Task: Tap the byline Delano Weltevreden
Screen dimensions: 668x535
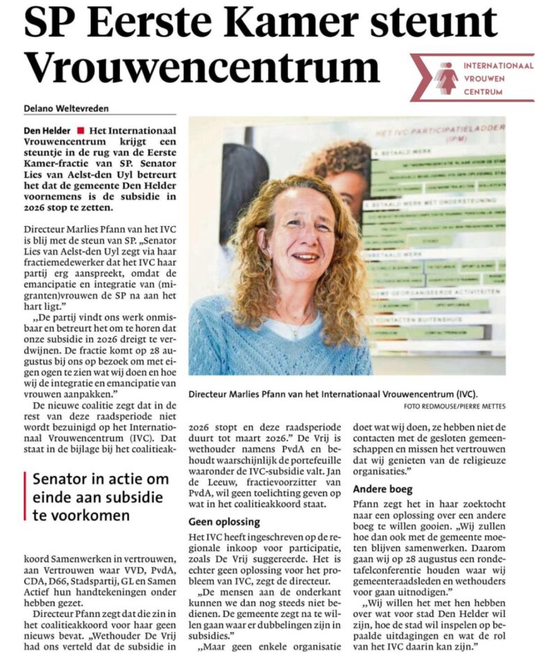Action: pyautogui.click(x=67, y=108)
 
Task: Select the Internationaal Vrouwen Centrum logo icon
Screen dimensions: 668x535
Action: pyautogui.click(x=447, y=77)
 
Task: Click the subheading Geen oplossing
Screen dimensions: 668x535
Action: pyautogui.click(x=224, y=521)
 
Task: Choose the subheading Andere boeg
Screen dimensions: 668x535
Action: pyautogui.click(x=382, y=488)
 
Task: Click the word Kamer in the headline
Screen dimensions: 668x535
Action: pyautogui.click(x=264, y=22)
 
